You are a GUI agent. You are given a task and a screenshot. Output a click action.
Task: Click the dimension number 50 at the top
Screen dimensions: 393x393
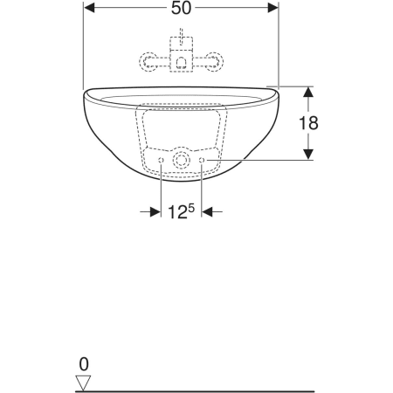click(181, 8)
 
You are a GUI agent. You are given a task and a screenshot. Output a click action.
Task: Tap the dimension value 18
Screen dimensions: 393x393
click(308, 123)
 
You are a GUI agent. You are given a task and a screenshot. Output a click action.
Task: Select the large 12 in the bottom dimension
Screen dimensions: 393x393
click(177, 212)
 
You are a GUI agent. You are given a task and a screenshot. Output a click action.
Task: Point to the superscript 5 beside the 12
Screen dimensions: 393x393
click(190, 208)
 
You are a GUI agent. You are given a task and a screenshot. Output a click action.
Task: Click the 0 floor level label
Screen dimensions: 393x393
click(84, 364)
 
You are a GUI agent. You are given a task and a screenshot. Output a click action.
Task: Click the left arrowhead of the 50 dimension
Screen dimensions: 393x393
click(89, 8)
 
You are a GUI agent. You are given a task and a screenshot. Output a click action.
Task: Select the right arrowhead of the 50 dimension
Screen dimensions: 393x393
click(273, 8)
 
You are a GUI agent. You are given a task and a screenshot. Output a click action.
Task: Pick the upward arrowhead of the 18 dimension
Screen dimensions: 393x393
click(308, 92)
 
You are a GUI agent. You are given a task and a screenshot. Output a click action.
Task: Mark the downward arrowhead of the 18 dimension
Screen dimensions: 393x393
click(308, 155)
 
